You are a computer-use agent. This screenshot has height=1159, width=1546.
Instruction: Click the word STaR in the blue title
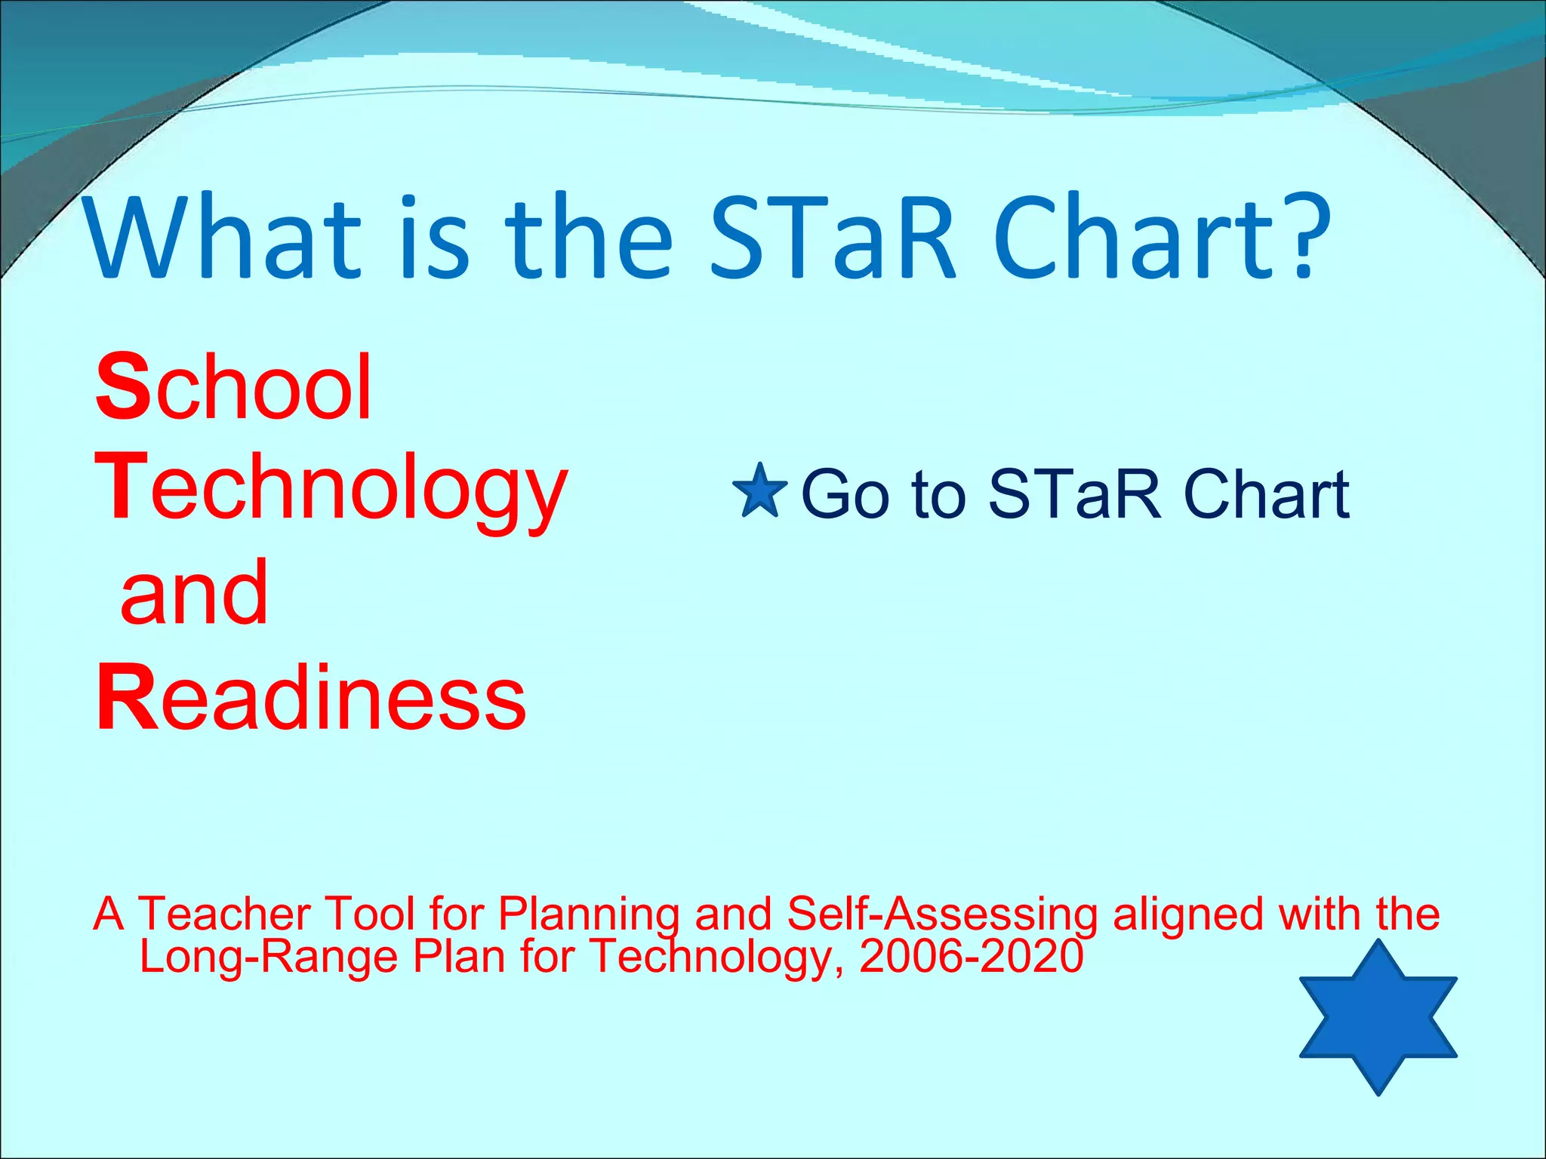[833, 238]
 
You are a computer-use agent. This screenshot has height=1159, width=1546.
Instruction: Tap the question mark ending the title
[1303, 235]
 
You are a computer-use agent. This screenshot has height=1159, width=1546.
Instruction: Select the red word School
[234, 389]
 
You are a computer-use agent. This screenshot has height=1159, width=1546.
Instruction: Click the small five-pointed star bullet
[759, 492]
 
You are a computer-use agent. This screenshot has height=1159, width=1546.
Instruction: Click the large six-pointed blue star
[1378, 1016]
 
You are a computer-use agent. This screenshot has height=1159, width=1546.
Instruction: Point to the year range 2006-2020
[971, 956]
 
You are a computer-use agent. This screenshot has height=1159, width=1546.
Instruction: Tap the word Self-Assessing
[941, 915]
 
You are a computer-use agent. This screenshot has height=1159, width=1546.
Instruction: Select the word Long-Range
[269, 957]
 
